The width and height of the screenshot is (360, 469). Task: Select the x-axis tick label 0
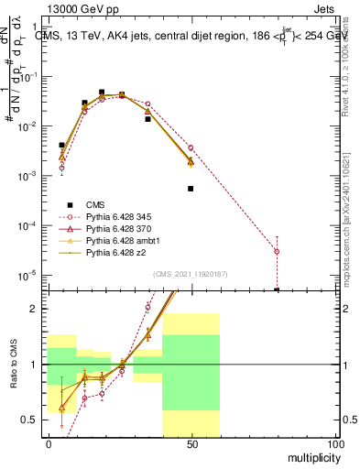click(49, 443)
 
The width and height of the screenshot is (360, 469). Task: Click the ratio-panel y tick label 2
click(38, 309)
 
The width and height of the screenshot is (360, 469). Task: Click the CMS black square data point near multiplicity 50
click(191, 189)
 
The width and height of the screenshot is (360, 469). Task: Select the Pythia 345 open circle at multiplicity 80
click(277, 251)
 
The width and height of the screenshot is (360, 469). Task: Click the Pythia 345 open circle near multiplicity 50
click(191, 147)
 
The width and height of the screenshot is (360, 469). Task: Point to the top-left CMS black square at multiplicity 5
click(62, 145)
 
